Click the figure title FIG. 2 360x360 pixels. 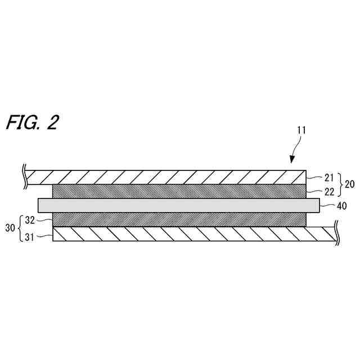click(32, 123)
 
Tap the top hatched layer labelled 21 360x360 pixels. click(169, 176)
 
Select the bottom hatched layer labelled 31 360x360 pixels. click(191, 233)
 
